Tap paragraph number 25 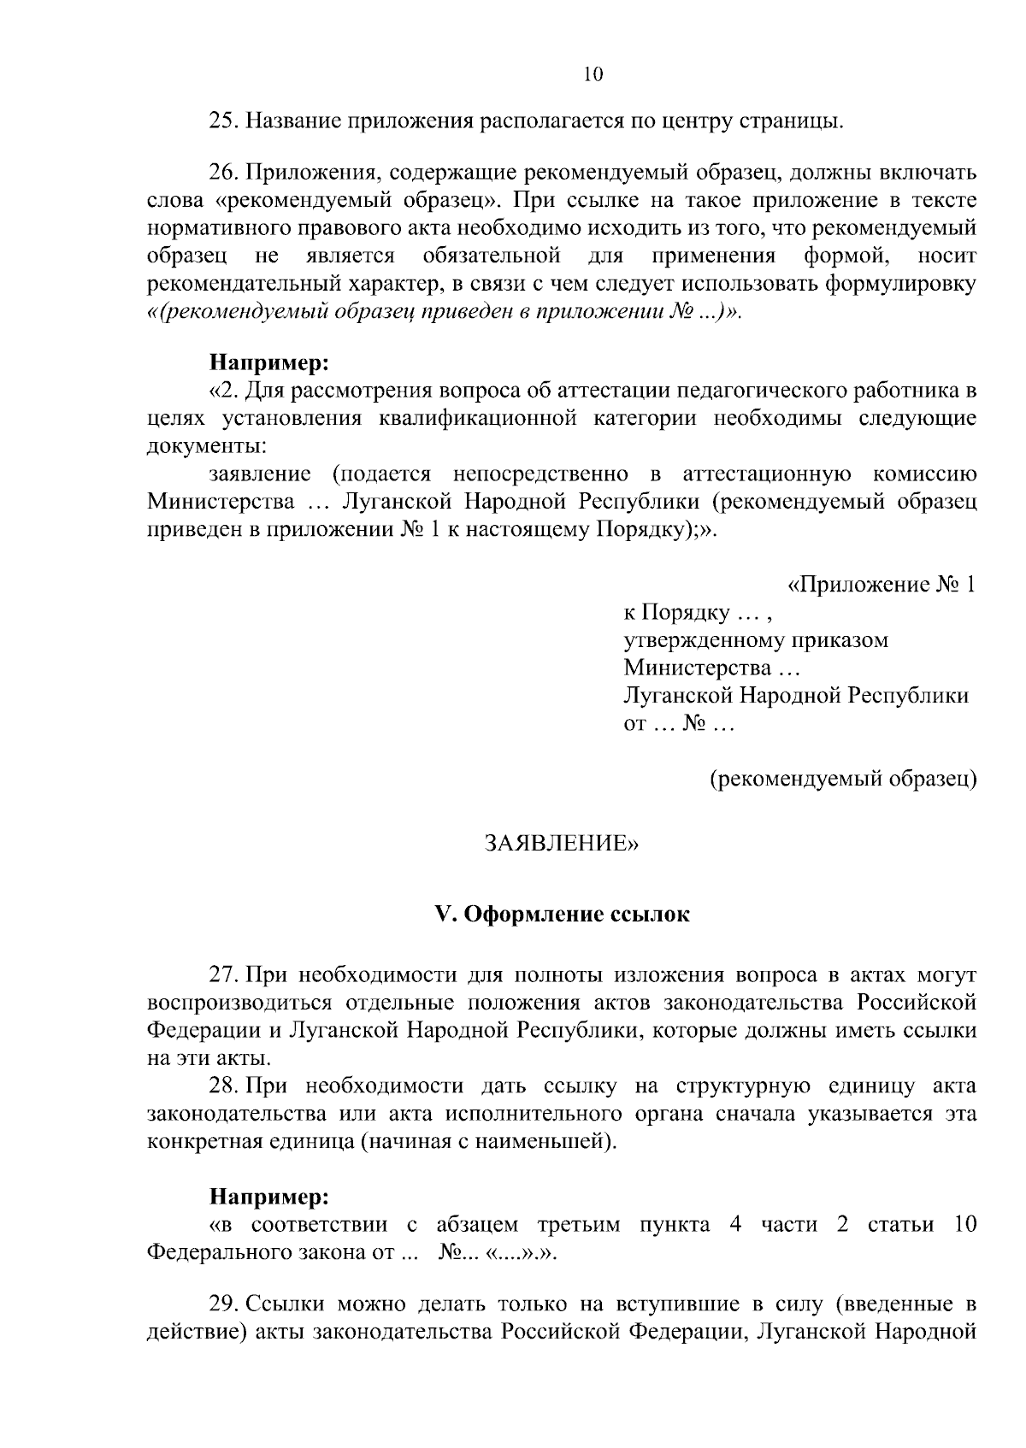click(225, 122)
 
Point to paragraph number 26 click(225, 174)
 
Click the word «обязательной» click(491, 256)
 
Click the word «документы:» click(206, 446)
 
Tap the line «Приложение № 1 click(882, 586)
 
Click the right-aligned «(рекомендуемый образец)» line click(844, 779)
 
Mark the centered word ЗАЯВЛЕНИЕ click(561, 845)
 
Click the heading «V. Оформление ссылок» click(562, 915)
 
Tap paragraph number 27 click(225, 975)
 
